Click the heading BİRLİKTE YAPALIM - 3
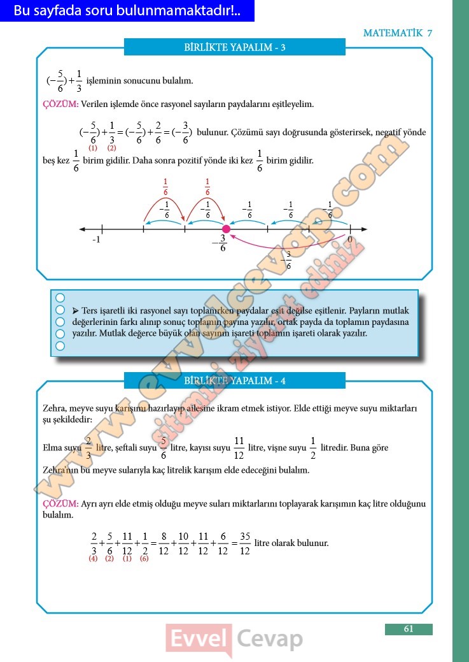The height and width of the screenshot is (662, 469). coord(234,48)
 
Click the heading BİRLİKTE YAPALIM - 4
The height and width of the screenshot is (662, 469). coord(234,381)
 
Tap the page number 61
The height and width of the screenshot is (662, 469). coord(409,629)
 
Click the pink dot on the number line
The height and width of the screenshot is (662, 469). coord(225,229)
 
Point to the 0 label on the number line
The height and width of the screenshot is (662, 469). coord(349,240)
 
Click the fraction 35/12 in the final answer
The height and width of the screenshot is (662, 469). coord(245,543)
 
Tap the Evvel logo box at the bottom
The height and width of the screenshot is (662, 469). coord(198,638)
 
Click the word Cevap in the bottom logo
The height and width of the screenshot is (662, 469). coord(270,638)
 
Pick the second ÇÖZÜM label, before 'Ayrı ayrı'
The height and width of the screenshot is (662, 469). coord(60,503)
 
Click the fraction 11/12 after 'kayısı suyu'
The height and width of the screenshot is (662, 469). coord(239,447)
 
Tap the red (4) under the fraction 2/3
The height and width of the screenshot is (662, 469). coord(93,559)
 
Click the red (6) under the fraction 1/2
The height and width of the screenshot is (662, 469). coord(144,559)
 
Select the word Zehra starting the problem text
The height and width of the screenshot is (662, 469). coord(54,408)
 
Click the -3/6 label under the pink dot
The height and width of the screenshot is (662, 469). coord(221,243)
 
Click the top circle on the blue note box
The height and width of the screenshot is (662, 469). coord(60,298)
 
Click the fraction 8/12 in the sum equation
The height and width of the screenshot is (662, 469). coord(164,543)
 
